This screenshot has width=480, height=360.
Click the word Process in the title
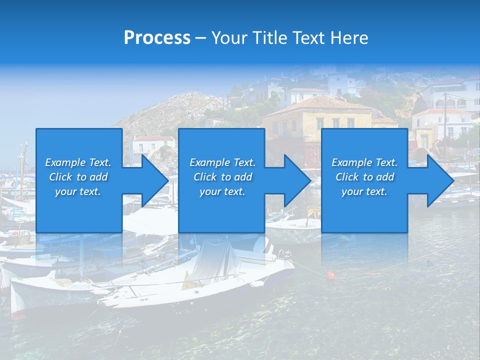tap(157, 38)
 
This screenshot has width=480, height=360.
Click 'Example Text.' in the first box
tap(78, 162)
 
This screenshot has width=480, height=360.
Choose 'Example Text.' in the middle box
tap(222, 162)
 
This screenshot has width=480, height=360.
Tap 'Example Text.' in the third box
tap(364, 162)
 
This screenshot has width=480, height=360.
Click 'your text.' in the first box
tap(78, 191)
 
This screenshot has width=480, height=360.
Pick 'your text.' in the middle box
tap(222, 191)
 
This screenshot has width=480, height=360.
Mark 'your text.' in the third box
tap(364, 191)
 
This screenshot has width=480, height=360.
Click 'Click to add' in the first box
tap(78, 177)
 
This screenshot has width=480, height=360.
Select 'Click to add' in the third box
tap(364, 177)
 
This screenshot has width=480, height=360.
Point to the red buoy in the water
tap(330, 274)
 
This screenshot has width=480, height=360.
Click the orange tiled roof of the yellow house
tap(320, 103)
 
